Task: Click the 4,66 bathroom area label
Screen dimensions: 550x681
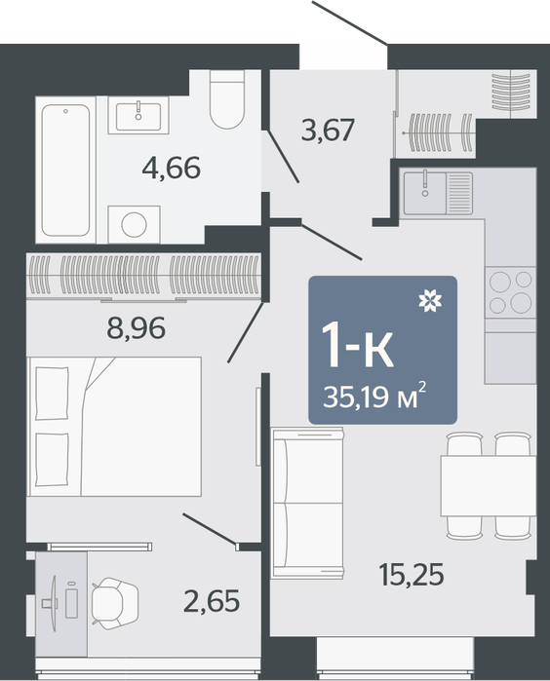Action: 172,169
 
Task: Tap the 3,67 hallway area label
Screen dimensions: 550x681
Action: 328,130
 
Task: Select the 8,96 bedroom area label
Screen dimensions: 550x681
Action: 137,328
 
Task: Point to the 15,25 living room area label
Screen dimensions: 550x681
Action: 412,575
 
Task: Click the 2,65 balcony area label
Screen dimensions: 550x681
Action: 212,601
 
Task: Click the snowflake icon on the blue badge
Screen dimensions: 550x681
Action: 430,300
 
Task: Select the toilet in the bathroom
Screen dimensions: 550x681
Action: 227,99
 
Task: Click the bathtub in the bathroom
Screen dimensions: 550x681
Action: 65,170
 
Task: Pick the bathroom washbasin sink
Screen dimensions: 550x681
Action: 138,115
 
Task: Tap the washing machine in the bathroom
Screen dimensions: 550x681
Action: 134,224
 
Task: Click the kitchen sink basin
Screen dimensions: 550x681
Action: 425,193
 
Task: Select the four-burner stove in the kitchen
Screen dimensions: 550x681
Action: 510,292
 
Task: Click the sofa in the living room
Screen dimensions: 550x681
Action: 307,503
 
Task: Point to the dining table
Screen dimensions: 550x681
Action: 489,485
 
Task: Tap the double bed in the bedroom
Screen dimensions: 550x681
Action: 114,427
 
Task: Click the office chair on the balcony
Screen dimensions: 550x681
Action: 115,603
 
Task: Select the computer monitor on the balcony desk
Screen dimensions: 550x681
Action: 53,603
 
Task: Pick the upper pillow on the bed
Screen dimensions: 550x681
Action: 53,394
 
